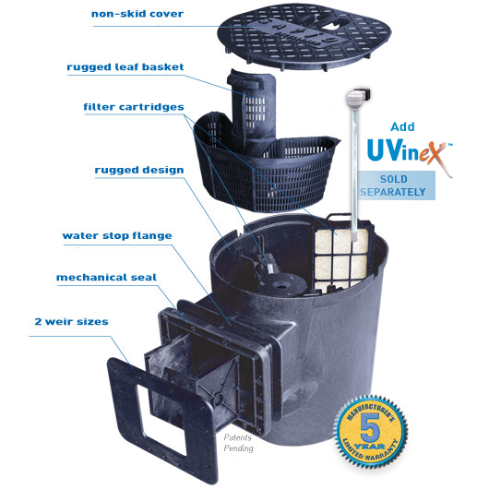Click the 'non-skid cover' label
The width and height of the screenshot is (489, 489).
137,14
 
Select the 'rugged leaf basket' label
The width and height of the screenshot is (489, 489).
125,67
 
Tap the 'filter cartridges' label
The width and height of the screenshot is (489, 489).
134,107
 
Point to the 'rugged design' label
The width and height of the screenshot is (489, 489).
139,171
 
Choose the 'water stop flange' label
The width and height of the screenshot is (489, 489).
117,235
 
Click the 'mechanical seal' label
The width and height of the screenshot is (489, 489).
106,277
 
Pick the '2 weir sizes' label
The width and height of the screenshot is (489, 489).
71,321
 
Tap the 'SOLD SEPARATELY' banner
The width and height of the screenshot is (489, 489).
395,185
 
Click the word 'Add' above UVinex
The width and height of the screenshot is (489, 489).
402,127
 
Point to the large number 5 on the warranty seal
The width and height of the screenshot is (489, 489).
370,426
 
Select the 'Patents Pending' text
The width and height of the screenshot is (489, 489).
239,443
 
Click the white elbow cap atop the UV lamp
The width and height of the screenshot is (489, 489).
358,97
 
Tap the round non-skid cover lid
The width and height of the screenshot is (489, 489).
304,35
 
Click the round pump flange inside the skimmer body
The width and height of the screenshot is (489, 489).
282,284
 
